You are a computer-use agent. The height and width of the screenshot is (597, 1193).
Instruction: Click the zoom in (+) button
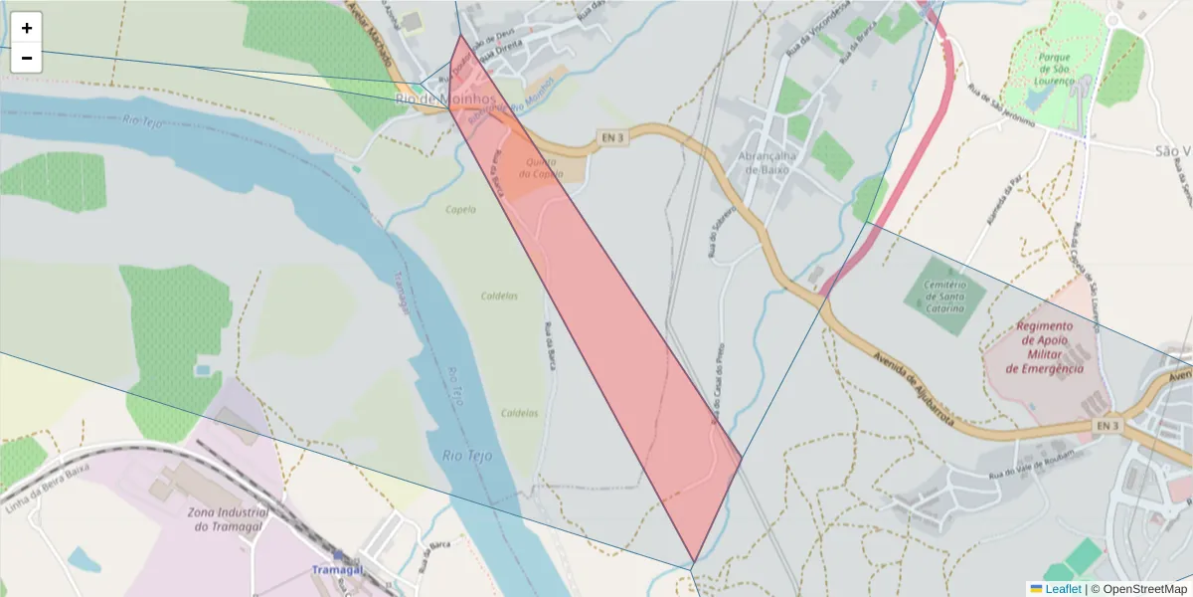click(x=26, y=28)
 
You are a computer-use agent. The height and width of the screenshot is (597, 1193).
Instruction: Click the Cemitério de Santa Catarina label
click(x=944, y=297)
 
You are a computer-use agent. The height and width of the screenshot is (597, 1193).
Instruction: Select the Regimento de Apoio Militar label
click(x=1044, y=347)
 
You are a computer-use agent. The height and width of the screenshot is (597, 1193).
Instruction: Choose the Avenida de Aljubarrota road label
click(x=916, y=388)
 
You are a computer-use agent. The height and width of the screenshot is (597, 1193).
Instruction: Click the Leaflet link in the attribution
click(x=1063, y=589)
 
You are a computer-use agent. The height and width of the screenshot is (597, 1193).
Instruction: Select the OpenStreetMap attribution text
click(x=1138, y=589)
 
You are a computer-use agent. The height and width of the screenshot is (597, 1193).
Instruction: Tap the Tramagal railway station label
click(x=337, y=569)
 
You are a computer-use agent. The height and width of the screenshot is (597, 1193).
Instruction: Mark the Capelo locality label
click(x=460, y=210)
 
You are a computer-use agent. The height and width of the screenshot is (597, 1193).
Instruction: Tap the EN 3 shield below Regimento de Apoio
click(x=1108, y=426)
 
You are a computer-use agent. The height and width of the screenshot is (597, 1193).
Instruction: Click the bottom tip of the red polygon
click(x=693, y=562)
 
